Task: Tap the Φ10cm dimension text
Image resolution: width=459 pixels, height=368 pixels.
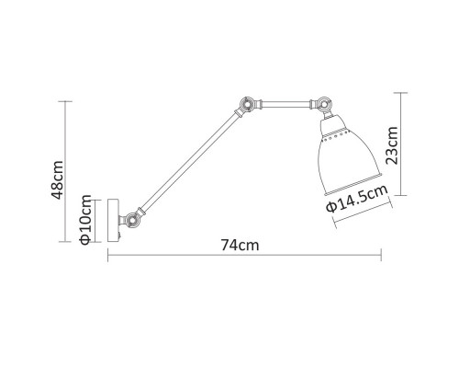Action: tap(84, 222)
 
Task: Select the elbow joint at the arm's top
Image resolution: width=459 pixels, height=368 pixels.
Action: tap(246, 106)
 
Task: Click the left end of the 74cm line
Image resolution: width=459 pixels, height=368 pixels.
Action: tap(109, 257)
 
